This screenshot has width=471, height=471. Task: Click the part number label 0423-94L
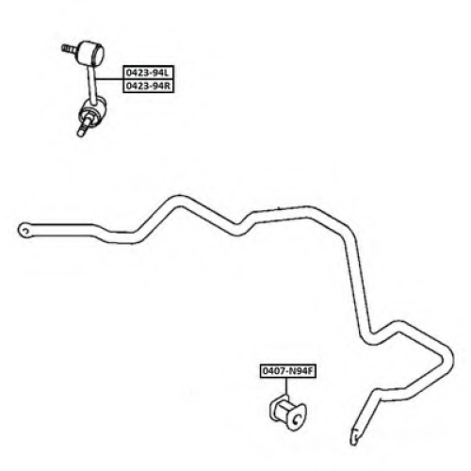148,73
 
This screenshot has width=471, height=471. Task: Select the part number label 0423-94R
148,86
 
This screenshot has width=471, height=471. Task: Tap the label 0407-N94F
287,371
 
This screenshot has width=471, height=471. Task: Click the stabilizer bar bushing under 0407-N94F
287,412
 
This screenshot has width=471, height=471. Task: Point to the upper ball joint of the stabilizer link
91,52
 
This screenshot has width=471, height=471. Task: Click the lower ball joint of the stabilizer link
93,110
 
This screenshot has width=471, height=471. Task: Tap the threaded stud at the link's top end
70,49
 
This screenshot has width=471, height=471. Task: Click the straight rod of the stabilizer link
91,81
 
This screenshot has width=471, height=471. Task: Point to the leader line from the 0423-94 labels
109,79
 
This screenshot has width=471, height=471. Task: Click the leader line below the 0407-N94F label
286,387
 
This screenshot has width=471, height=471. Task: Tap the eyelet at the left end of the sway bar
24,231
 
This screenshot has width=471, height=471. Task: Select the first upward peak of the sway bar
180,201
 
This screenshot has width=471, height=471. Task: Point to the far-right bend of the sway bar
447,360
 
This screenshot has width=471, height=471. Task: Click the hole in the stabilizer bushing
297,418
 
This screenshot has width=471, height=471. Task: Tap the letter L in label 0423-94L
167,73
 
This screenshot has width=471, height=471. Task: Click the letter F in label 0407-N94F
310,371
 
